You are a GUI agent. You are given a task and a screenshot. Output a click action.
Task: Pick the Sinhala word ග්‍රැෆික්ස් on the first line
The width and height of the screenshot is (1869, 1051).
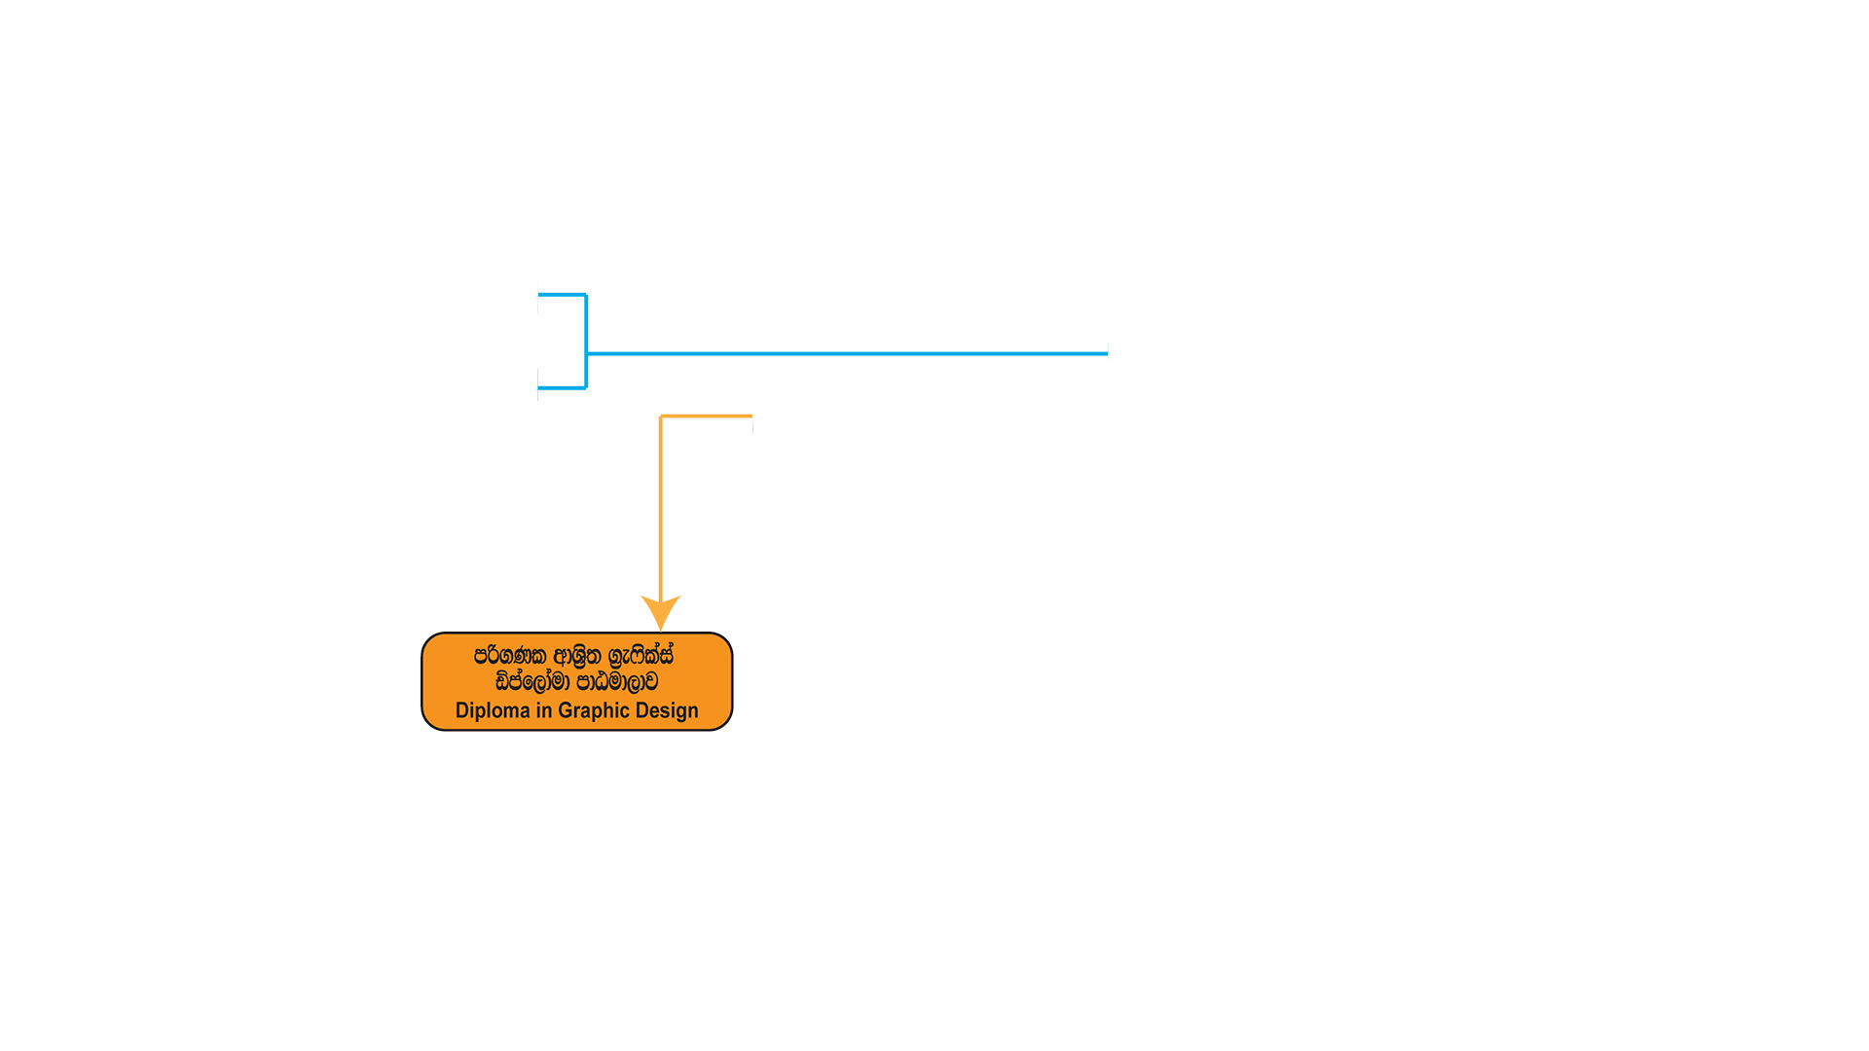pos(641,656)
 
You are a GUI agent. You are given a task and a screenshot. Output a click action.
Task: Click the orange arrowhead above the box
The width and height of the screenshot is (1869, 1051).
pos(661,612)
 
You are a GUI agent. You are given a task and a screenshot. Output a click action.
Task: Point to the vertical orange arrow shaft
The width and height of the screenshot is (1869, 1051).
pos(661,506)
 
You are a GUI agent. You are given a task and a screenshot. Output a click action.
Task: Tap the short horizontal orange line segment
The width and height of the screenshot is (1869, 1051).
pos(707,417)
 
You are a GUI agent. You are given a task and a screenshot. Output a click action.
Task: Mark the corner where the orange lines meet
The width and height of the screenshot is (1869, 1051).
pos(661,417)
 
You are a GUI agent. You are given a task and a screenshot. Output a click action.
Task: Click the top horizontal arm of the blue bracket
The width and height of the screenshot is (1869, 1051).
pos(562,294)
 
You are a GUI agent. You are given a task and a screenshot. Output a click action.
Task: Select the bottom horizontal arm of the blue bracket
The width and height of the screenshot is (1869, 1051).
pos(562,388)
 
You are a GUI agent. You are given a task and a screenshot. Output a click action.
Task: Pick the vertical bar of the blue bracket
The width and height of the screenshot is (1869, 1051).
pos(586,341)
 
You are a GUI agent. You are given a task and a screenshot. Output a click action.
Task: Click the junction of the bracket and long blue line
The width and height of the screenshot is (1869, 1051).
pos(586,353)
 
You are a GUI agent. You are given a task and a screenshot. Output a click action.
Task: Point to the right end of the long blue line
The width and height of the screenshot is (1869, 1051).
pos(1108,353)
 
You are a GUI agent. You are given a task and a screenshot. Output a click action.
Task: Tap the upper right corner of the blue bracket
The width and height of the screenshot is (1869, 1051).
pos(586,294)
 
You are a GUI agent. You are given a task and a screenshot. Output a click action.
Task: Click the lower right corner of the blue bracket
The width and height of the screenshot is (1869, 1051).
pos(586,388)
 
